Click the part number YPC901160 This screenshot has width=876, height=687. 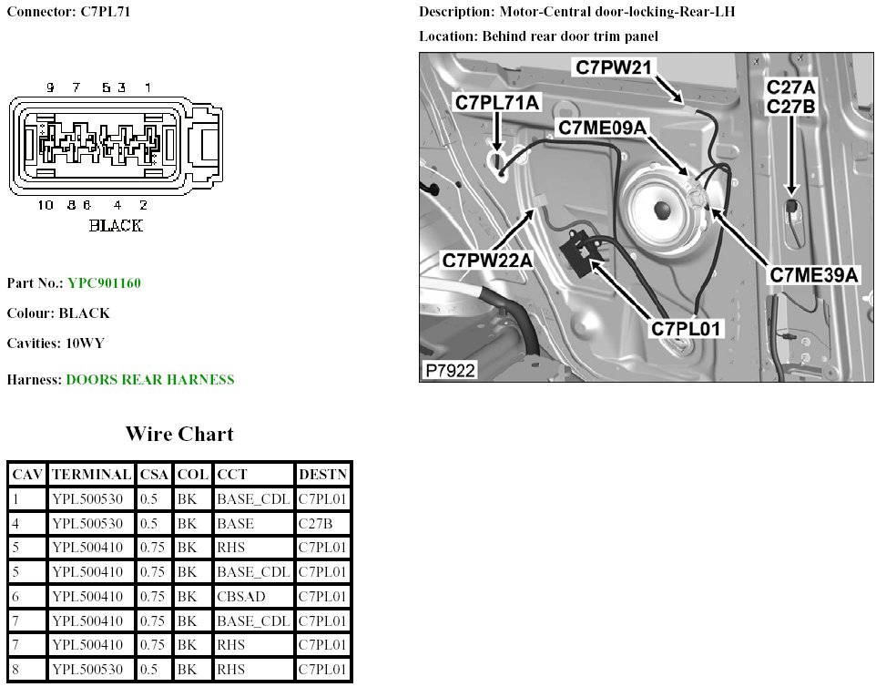[x=104, y=282]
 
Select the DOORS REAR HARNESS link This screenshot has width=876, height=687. [x=150, y=379]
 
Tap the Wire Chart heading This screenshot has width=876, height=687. [x=178, y=434]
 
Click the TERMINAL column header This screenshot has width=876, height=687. [x=91, y=475]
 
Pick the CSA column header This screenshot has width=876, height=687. [x=154, y=475]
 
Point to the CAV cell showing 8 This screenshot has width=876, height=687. [x=26, y=670]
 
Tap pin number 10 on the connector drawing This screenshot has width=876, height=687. [x=46, y=205]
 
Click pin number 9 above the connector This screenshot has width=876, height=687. [x=50, y=87]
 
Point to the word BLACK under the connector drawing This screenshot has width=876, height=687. [x=116, y=225]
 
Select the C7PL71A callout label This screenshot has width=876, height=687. [x=498, y=103]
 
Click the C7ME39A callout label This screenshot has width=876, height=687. [x=815, y=274]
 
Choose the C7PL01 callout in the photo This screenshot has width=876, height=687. [x=687, y=328]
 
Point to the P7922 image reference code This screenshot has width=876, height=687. [x=450, y=371]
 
